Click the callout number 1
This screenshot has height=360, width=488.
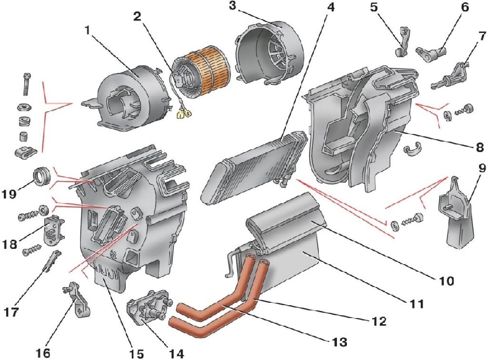(87, 30)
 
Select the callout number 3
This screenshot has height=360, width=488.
(232, 7)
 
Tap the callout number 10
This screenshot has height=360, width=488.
(447, 281)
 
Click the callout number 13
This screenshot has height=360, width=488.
(340, 342)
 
